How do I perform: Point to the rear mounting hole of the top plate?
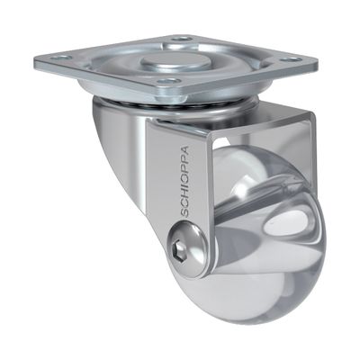pyautogui.click(x=183, y=39)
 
